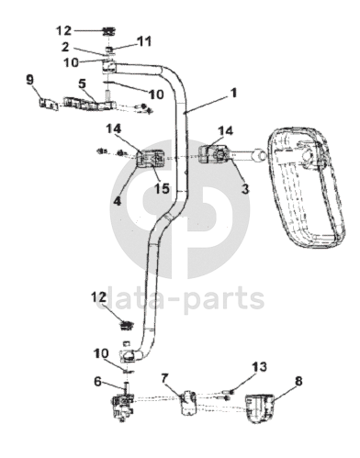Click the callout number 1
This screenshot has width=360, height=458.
[234, 93]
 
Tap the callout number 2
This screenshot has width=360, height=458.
[65, 47]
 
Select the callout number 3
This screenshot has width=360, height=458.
[245, 189]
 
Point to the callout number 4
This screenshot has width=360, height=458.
[117, 201]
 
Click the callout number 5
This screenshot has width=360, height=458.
[82, 84]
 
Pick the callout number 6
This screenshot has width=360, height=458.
[97, 381]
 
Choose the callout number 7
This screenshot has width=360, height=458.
[164, 378]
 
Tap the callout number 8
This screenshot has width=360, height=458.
[298, 381]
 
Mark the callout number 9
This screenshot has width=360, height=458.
[29, 80]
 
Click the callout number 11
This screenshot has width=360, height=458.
[143, 41]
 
